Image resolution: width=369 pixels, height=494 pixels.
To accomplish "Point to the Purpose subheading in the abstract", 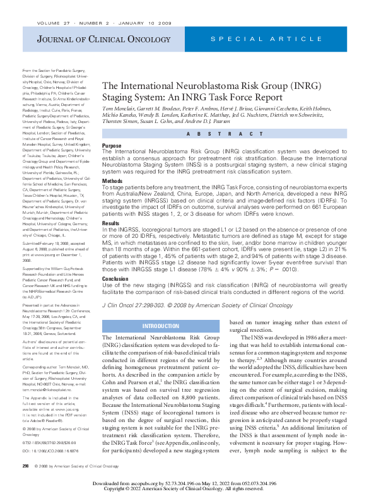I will [112, 145].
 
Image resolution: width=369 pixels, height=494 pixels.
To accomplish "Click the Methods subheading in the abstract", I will [114, 180].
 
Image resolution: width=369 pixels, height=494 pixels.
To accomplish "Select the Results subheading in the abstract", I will [111, 223].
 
